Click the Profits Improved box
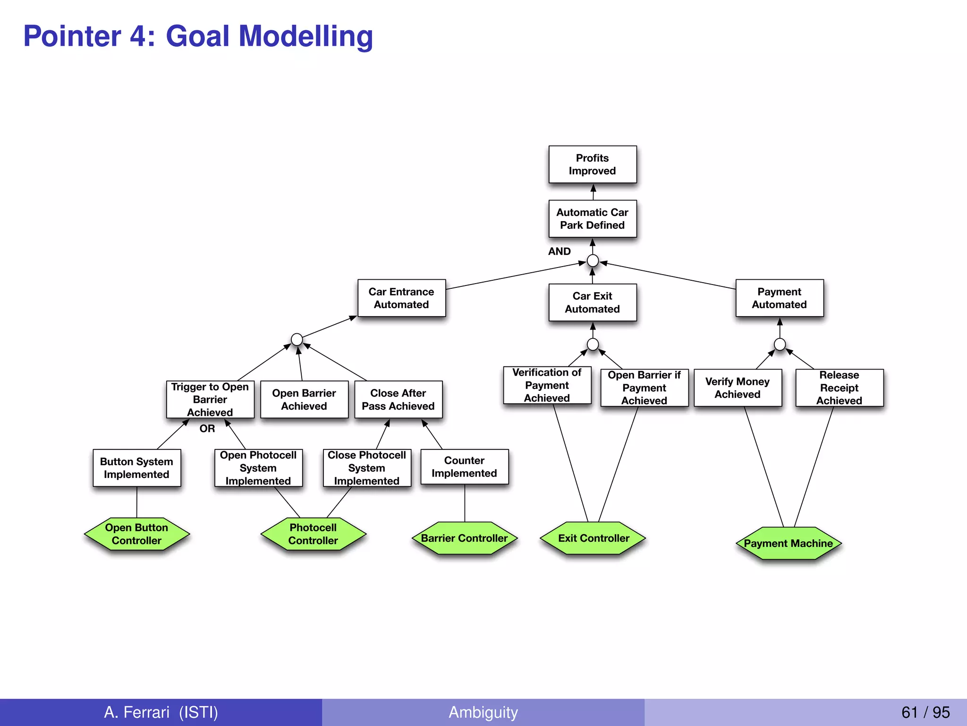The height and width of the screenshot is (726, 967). (x=592, y=164)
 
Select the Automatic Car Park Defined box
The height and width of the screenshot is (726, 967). (x=592, y=219)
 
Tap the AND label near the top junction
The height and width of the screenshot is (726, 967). (x=559, y=251)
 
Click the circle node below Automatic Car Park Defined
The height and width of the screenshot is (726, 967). (x=593, y=261)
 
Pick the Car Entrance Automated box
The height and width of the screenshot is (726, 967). (x=401, y=298)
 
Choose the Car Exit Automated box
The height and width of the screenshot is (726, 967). (x=592, y=302)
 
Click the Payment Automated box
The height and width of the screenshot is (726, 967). (x=779, y=298)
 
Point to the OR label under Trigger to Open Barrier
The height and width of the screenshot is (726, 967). (x=207, y=429)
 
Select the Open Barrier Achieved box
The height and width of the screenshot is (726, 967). (x=304, y=399)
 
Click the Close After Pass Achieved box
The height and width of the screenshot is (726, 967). (x=398, y=399)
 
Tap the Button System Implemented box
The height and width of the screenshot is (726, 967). (x=136, y=468)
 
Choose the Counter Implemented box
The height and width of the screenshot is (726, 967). (x=464, y=467)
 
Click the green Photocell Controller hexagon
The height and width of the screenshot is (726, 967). (x=313, y=534)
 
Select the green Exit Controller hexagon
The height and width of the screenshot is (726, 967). (x=593, y=538)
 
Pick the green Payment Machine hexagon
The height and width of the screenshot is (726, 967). (x=788, y=544)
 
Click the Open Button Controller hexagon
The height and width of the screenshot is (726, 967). (x=136, y=534)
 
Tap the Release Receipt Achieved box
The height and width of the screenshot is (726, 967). (x=839, y=388)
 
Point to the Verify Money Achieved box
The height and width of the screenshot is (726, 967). (x=737, y=388)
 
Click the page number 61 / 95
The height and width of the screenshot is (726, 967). (x=925, y=712)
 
